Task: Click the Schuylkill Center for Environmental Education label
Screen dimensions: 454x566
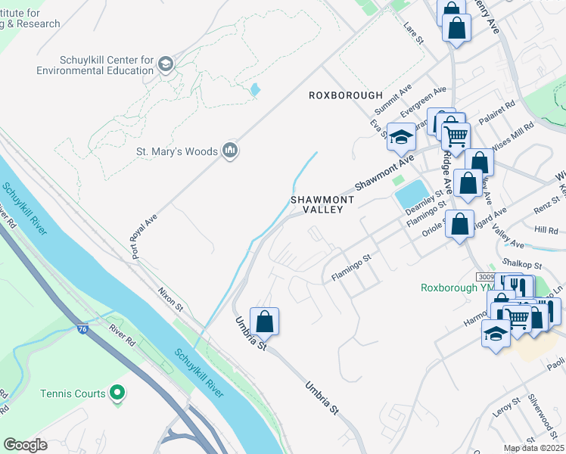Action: pos(107,65)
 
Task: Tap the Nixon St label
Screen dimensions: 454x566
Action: pos(171,297)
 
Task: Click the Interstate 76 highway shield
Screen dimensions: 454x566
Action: pos(82,329)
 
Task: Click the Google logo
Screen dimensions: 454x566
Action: pos(25,445)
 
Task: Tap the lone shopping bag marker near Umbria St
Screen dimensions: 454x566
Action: pos(264,322)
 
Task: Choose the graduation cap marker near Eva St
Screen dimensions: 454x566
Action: pos(401,137)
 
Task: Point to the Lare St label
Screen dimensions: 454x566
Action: pos(413,33)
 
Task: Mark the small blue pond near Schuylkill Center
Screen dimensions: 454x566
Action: pos(255,90)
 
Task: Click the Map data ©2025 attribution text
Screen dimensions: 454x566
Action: pos(533,448)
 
